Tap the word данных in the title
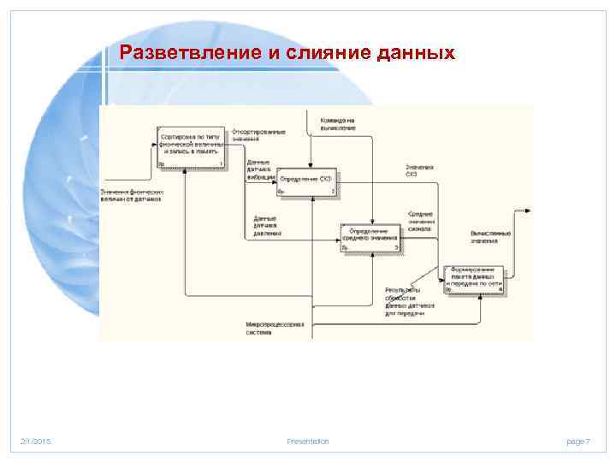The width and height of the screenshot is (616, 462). click(415, 53)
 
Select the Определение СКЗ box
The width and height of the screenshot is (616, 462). click(306, 181)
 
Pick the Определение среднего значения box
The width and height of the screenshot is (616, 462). click(370, 237)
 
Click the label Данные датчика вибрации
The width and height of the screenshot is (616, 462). click(258, 169)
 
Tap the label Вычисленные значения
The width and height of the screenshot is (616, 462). click(490, 236)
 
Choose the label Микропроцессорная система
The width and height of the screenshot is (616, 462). click(275, 328)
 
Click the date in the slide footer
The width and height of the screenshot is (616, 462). click(36, 441)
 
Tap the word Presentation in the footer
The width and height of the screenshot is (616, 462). click(308, 441)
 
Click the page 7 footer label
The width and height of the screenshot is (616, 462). click(577, 441)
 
